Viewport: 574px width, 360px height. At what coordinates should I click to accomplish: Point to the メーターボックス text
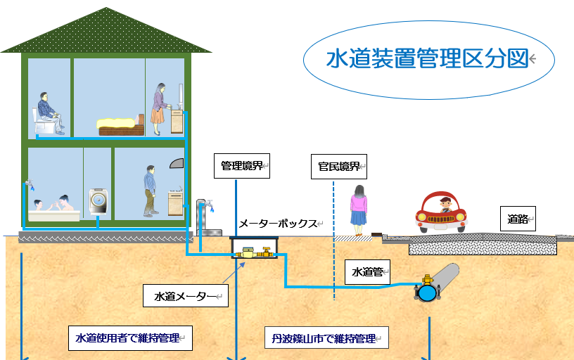tap(278, 224)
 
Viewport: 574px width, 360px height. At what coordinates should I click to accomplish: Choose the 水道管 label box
tap(367, 270)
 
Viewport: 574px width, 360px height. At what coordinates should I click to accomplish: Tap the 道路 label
tap(517, 219)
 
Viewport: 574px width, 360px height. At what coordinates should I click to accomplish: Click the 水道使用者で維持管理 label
tap(130, 338)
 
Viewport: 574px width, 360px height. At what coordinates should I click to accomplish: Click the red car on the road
tap(442, 213)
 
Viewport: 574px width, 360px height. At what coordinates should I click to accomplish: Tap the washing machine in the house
tap(98, 202)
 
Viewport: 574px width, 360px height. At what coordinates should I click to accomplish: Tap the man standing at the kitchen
tap(150, 191)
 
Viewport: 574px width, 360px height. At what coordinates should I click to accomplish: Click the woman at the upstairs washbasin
tap(159, 108)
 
